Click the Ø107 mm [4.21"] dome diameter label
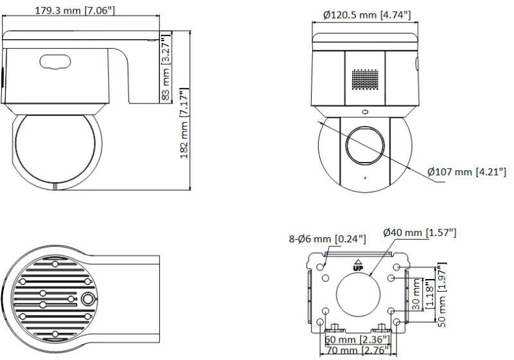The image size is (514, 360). click(x=467, y=172)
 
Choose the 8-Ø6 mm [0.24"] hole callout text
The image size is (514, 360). click(x=327, y=239)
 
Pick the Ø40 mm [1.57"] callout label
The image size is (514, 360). click(x=420, y=232)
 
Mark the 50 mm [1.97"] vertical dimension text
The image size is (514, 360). click(x=440, y=292)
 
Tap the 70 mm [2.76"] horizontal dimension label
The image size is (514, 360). click(x=360, y=350)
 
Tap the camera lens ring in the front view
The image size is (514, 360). click(x=364, y=144)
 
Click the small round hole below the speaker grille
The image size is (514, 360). click(x=366, y=111)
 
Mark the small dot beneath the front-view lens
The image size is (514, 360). click(x=364, y=177)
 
